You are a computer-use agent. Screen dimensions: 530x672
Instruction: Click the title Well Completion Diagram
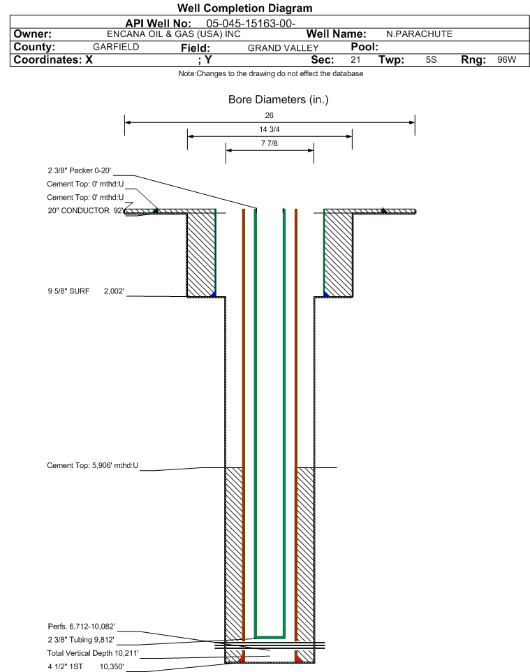click(244, 8)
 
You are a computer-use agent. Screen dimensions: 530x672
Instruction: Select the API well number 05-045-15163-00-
click(251, 24)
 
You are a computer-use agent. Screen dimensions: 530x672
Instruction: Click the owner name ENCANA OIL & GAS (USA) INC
click(174, 34)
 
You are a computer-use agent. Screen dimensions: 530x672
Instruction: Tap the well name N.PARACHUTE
click(419, 34)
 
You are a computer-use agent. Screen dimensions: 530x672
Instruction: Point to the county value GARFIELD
click(116, 47)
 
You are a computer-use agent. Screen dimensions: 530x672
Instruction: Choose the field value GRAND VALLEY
click(284, 48)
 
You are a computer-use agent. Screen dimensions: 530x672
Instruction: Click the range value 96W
click(506, 59)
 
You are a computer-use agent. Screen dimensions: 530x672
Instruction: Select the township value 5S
click(431, 59)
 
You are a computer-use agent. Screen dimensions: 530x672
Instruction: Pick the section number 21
click(355, 59)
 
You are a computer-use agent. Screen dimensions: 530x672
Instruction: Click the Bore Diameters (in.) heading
click(278, 100)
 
